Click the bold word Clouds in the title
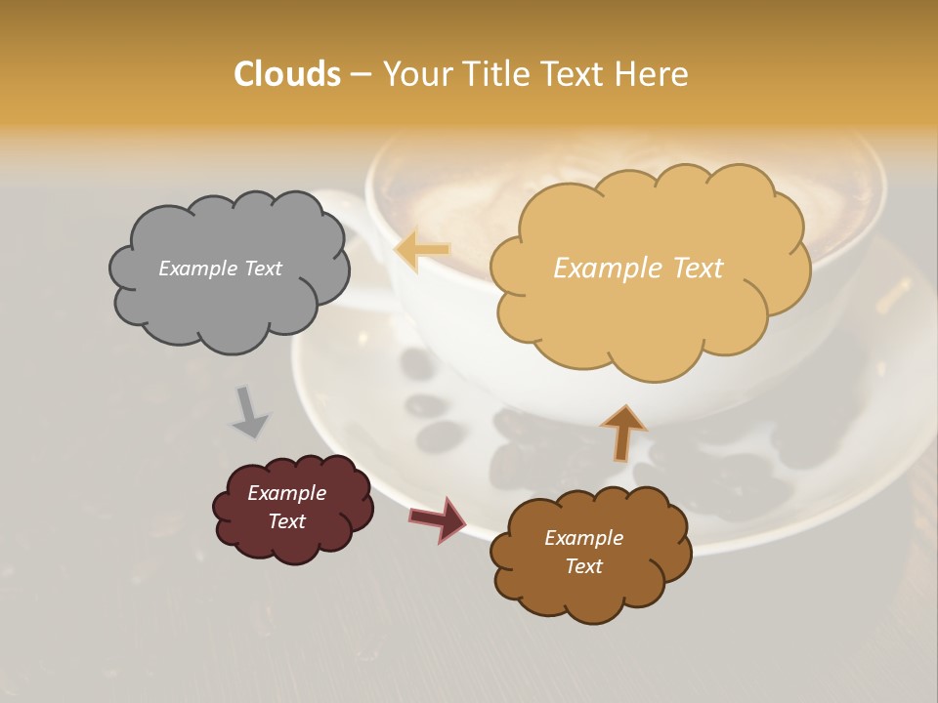click(286, 74)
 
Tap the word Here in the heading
click(654, 74)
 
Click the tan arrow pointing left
click(422, 251)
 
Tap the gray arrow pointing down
click(249, 411)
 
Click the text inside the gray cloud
click(220, 269)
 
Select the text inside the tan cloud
click(638, 269)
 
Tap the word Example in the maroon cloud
click(286, 493)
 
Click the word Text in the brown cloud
click(583, 566)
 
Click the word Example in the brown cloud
click(583, 538)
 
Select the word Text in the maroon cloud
click(286, 521)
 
